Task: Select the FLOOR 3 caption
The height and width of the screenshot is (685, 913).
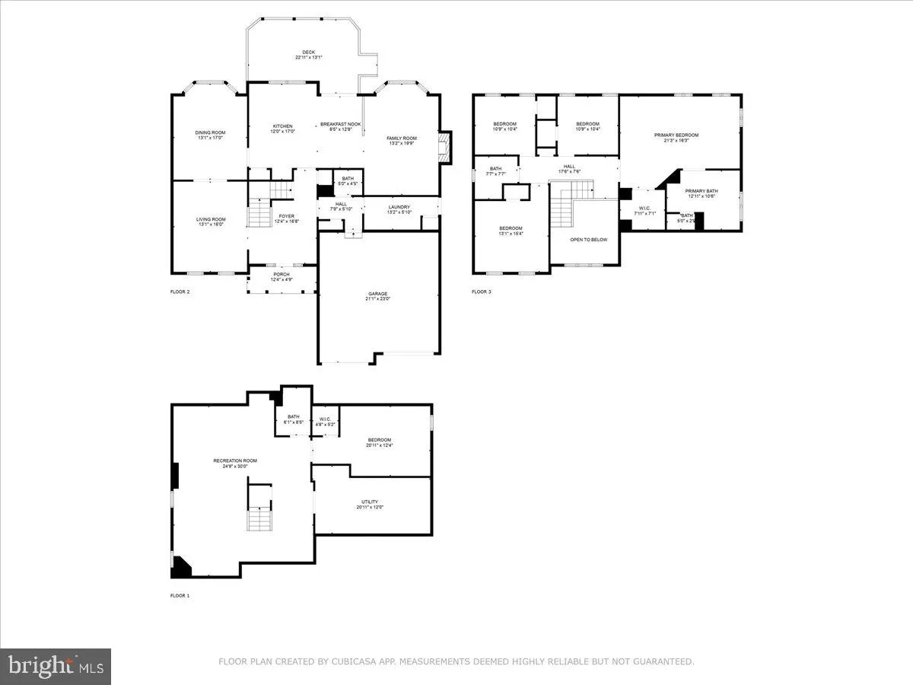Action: [481, 292]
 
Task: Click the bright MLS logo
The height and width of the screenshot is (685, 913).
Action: [56, 667]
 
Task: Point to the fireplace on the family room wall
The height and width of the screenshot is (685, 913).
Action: [446, 148]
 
